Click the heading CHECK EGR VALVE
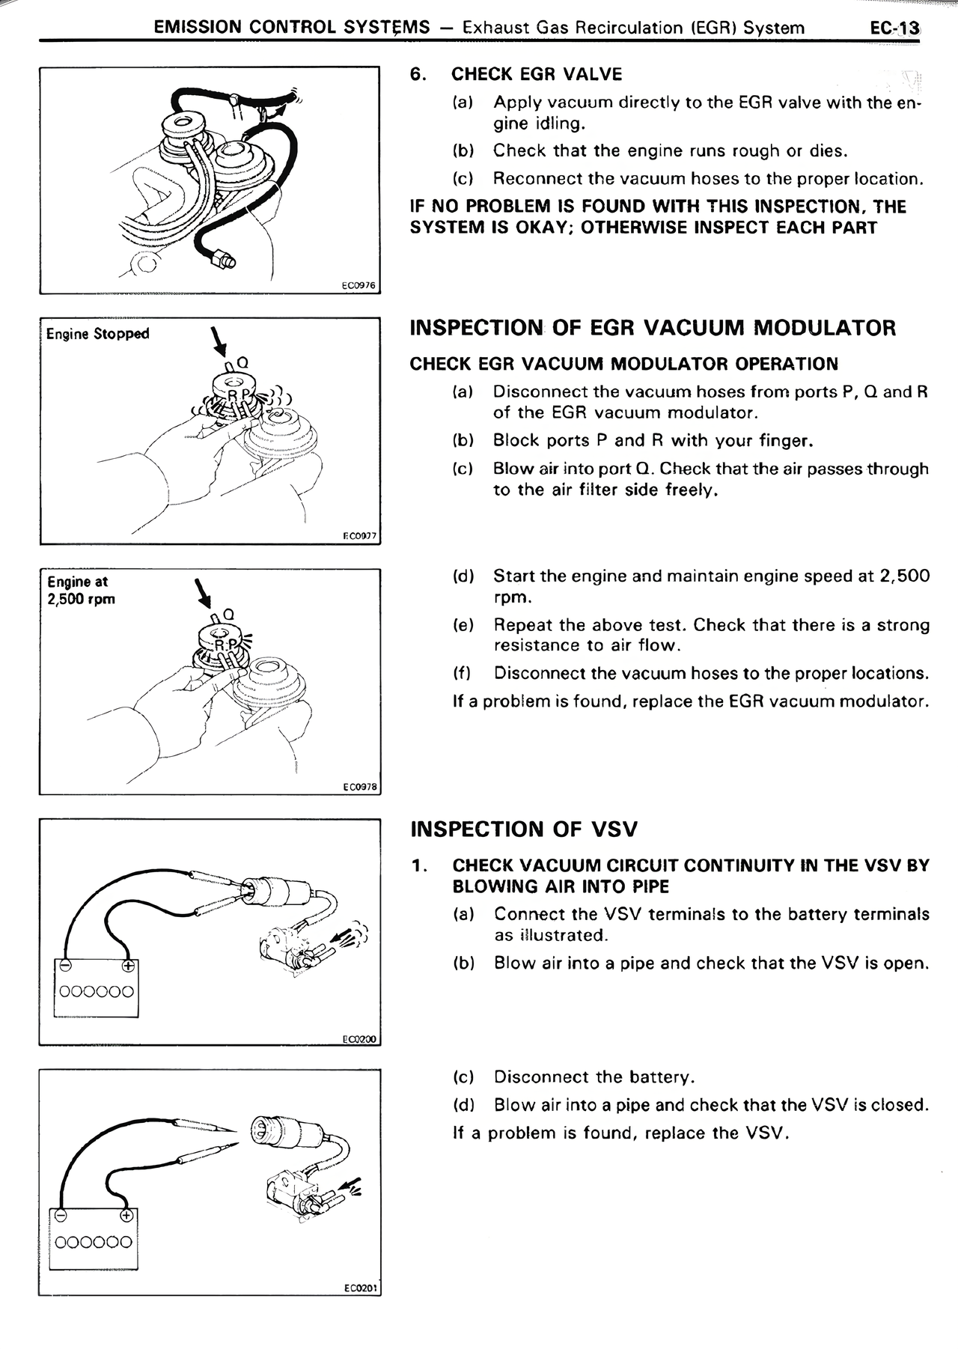click(536, 74)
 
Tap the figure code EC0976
click(359, 285)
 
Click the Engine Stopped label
click(97, 334)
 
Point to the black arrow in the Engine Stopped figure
click(218, 342)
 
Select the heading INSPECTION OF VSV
click(524, 829)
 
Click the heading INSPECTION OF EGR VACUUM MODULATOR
click(653, 328)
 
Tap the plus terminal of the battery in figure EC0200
click(127, 966)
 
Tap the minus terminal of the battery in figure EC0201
click(61, 1215)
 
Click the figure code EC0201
click(360, 1288)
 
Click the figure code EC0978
click(360, 787)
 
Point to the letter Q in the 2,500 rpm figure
click(229, 615)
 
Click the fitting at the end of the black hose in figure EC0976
click(223, 261)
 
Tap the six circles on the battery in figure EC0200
click(97, 992)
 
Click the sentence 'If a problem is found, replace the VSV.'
click(621, 1133)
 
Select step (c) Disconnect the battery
click(574, 1077)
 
